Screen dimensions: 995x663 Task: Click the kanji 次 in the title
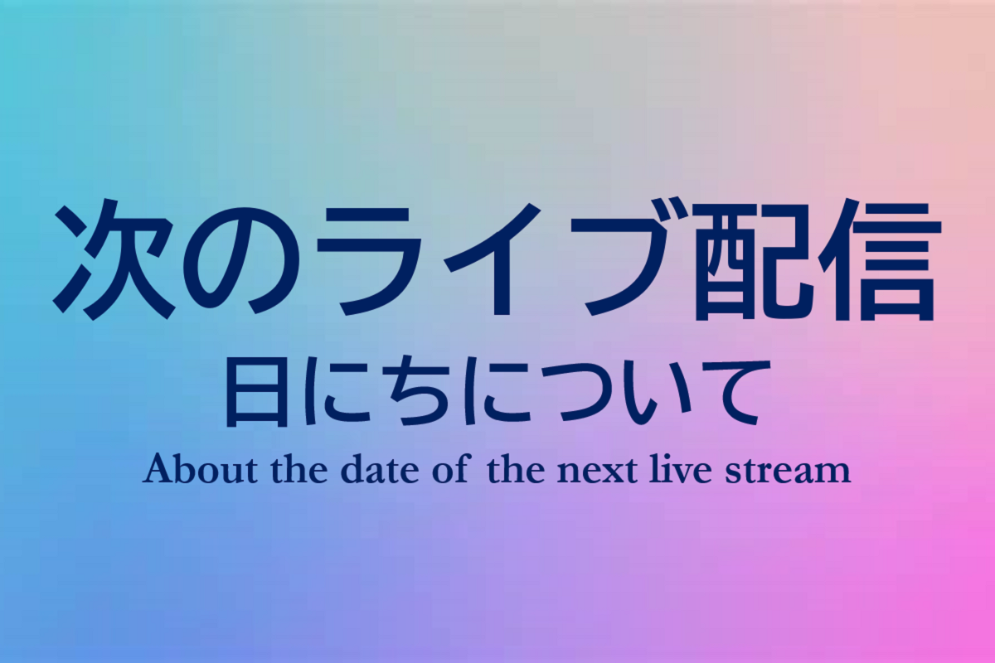[x=114, y=259]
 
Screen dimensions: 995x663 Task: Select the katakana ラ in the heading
[x=371, y=261]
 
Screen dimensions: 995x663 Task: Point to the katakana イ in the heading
[x=493, y=258]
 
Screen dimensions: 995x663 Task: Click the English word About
[x=201, y=469]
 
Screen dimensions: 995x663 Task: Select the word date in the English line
[x=381, y=469]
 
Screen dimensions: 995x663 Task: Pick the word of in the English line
[x=449, y=469]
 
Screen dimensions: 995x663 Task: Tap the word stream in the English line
[x=788, y=471]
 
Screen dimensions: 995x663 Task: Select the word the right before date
[x=300, y=469]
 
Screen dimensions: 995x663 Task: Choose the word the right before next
[x=516, y=469]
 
